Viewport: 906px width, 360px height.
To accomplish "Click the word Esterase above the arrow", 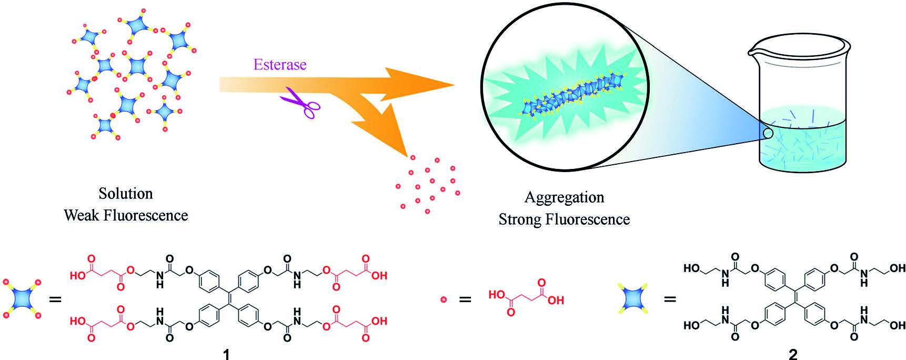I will click(279, 65).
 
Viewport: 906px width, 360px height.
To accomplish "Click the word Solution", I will click(126, 194).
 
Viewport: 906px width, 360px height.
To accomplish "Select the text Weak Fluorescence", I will click(126, 215).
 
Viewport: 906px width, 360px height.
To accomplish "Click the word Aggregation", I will click(564, 197).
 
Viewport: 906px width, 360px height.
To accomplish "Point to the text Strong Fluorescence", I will click(564, 219).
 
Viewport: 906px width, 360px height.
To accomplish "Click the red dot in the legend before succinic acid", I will click(443, 299).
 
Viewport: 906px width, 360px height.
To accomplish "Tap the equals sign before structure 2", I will click(669, 300).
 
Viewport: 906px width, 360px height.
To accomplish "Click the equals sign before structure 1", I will click(55, 300).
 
